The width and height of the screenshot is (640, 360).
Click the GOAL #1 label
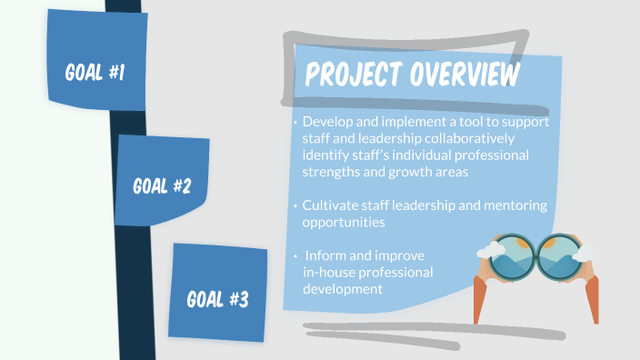tap(95, 72)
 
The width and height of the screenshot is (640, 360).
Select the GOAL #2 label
tap(162, 186)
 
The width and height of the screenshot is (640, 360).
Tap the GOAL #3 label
tap(217, 298)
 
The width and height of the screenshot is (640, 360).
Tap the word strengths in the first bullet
tap(330, 172)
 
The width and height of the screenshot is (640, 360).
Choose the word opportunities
tap(344, 222)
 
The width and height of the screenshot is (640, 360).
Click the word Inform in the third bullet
tap(325, 255)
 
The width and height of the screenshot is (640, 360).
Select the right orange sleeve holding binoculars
tap(592, 299)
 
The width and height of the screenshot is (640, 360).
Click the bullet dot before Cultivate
tap(295, 206)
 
